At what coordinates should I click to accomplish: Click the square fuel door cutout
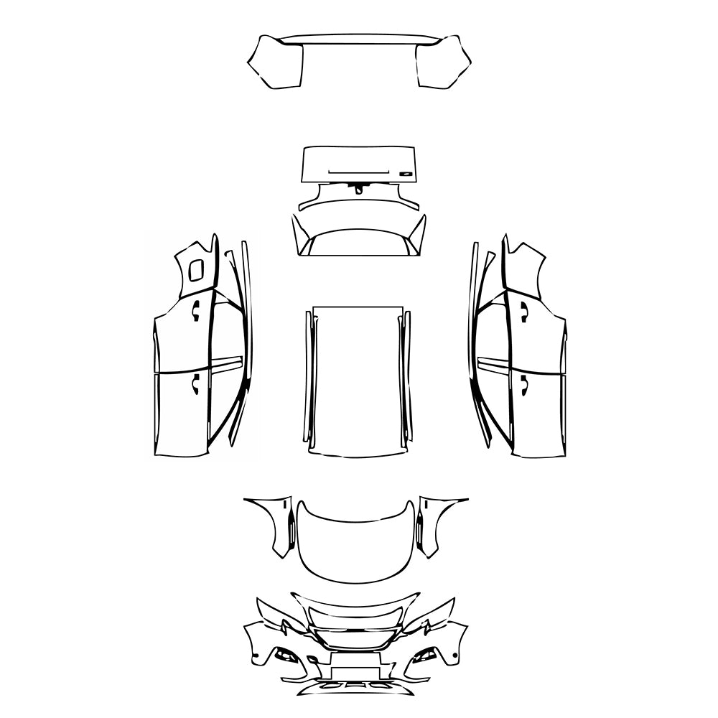coord(195,271)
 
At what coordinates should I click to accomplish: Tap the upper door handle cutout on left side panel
coord(195,309)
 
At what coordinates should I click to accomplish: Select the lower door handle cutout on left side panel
coord(194,386)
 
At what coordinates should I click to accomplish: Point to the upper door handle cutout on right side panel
coord(524,310)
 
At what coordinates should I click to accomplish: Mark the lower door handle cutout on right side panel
coord(524,386)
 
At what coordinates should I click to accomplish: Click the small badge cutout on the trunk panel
coord(406,173)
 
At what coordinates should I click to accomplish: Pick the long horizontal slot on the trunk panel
coord(358,173)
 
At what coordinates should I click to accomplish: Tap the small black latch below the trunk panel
coord(357,189)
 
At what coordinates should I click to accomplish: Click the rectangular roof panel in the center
coord(358,381)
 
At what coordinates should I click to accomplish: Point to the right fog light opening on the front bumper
coord(425,655)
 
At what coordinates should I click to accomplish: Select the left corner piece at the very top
coord(276,63)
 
